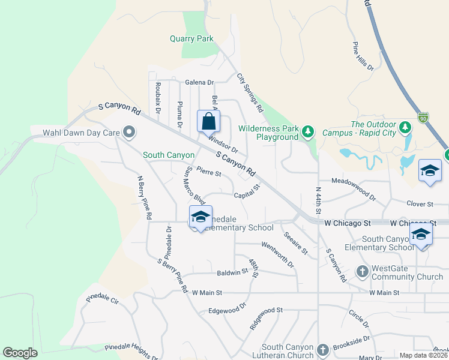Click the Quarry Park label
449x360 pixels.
(191, 39)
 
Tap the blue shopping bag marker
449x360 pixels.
(208, 122)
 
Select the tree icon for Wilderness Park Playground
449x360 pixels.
(308, 131)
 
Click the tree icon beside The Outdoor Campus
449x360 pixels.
(405, 127)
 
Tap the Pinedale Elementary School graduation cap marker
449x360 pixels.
(200, 218)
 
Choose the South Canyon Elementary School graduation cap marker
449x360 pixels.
(421, 234)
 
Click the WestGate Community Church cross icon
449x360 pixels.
(362, 272)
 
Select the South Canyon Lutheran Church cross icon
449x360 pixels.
(322, 350)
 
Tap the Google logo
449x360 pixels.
(20, 353)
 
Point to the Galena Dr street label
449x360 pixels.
(199, 82)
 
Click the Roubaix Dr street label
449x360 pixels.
(158, 98)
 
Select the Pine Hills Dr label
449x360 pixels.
(363, 56)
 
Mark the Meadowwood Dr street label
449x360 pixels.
(354, 188)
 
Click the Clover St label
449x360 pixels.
(420, 204)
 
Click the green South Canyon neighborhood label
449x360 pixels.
(168, 155)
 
